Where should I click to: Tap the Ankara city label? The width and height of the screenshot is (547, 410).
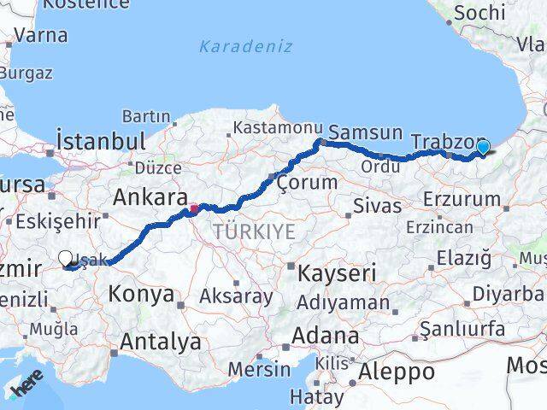pos(150,198)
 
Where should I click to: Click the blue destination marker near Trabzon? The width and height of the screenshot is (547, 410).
pos(483,148)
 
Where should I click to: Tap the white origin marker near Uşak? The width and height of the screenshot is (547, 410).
pos(66,257)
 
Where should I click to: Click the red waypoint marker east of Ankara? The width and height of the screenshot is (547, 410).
pos(194,208)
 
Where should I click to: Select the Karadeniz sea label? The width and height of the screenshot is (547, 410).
pos(245,46)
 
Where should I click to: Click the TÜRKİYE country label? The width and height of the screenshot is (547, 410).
pos(254,231)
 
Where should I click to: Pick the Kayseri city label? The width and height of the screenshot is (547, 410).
pos(338,273)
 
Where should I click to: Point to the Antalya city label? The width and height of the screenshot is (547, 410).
pos(161,342)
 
